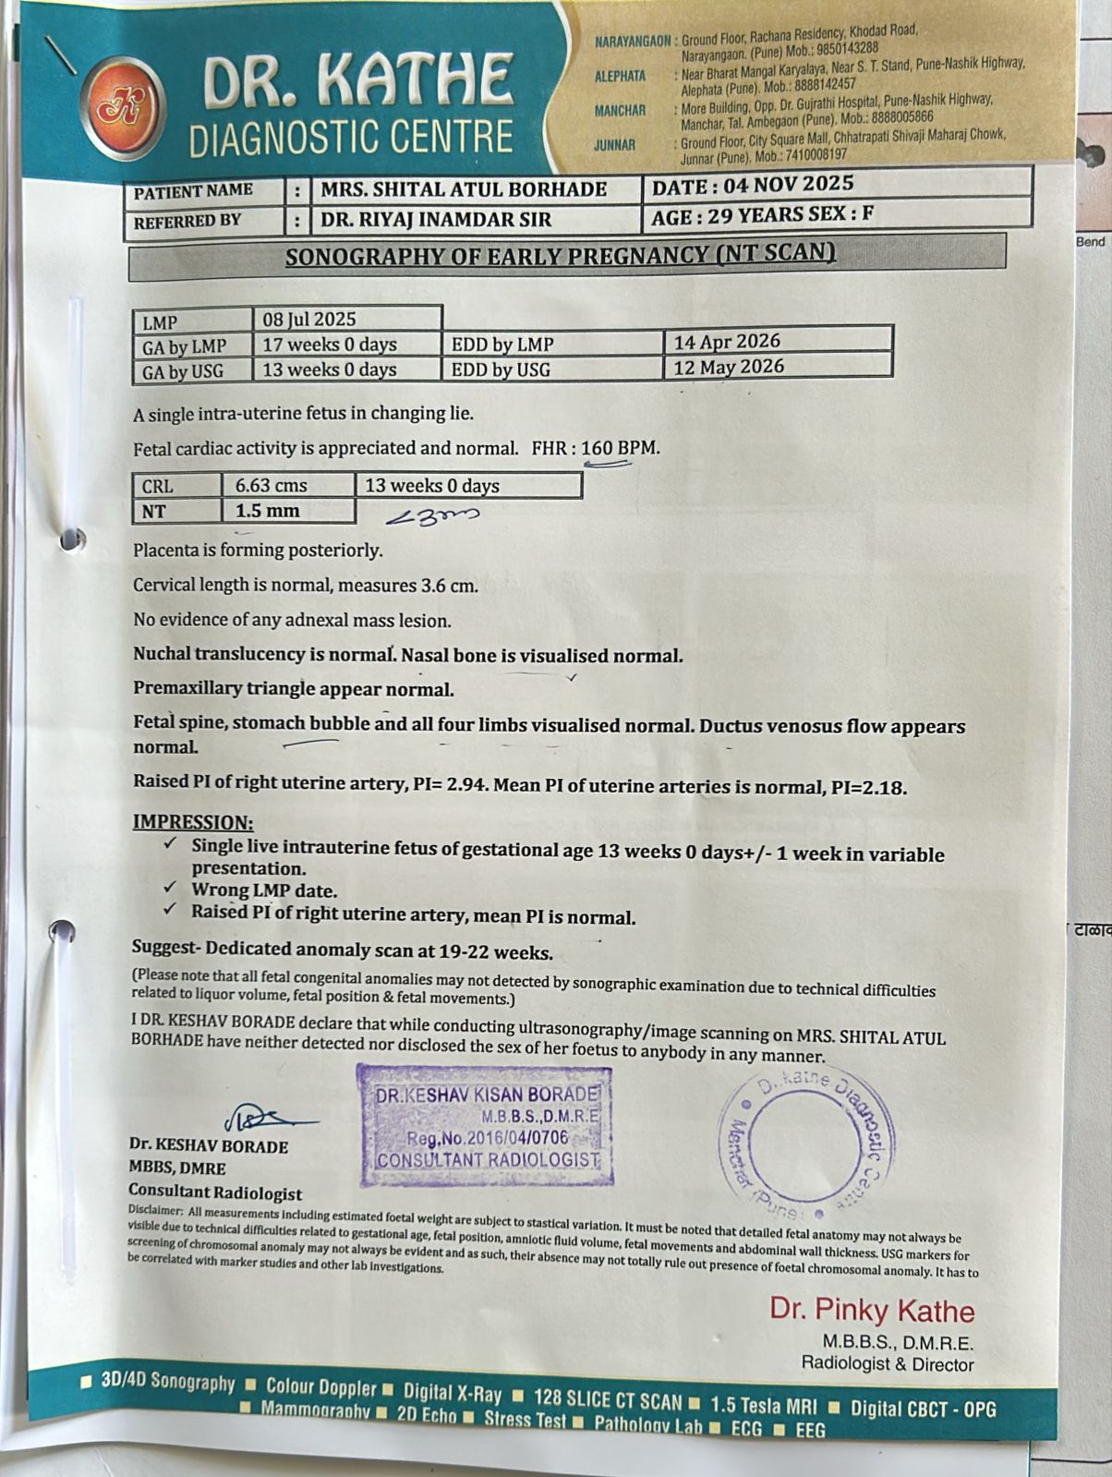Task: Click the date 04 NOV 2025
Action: (x=788, y=186)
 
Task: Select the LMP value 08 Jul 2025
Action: (x=309, y=320)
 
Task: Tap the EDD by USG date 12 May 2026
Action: (x=729, y=367)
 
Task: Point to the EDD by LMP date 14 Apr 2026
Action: (x=727, y=342)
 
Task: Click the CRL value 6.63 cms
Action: (x=271, y=486)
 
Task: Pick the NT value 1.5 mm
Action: (x=267, y=511)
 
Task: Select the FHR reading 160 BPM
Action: (x=620, y=448)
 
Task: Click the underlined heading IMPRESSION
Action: (x=192, y=822)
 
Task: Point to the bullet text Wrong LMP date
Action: (x=264, y=890)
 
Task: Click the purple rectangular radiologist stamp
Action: (x=486, y=1125)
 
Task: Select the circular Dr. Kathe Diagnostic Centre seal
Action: (x=804, y=1142)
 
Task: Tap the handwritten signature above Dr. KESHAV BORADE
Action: (x=265, y=1118)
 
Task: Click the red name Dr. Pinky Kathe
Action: (x=872, y=1310)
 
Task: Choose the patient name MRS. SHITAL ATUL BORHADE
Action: (x=463, y=190)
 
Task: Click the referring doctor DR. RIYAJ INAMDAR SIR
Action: (x=435, y=220)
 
